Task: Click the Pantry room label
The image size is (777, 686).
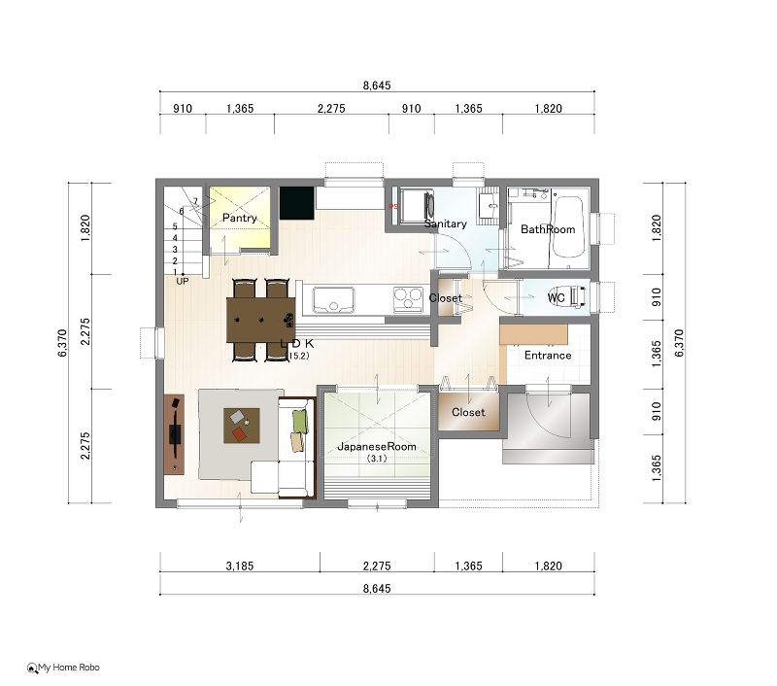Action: tap(239, 218)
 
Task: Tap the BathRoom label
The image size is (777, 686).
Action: tap(548, 229)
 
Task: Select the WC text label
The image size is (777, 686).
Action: tap(556, 297)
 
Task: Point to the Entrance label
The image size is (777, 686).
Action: tap(548, 356)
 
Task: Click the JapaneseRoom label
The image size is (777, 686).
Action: tap(377, 446)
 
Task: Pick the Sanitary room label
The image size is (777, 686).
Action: tap(446, 223)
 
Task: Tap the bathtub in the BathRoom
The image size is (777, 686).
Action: tap(567, 227)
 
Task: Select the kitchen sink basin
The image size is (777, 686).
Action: tap(333, 299)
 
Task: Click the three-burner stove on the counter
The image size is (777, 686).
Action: tap(408, 299)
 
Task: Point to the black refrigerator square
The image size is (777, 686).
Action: tap(297, 203)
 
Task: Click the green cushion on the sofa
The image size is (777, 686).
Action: tap(300, 422)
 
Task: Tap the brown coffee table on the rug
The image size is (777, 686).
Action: tap(241, 426)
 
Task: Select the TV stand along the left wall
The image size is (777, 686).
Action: tap(174, 434)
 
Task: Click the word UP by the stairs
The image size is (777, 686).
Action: tap(183, 281)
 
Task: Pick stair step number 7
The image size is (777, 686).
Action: tap(195, 201)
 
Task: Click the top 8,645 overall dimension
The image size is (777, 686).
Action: tap(377, 86)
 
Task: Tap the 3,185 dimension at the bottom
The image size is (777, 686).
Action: tap(240, 566)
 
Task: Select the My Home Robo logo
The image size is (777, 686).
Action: tap(63, 668)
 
